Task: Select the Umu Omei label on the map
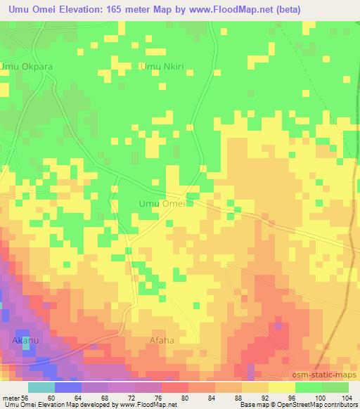(x=162, y=204)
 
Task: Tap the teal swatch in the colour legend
(x=41, y=387)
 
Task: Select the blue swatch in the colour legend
(x=67, y=387)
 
